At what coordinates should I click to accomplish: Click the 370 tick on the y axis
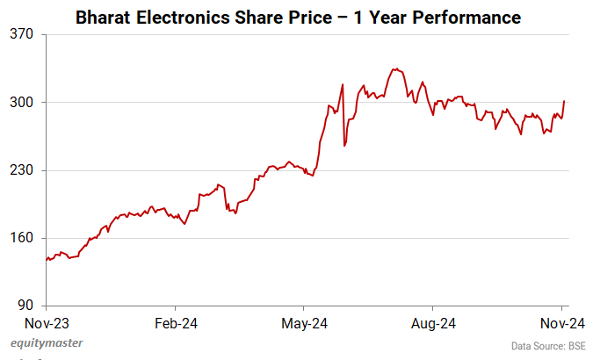pyautogui.click(x=22, y=34)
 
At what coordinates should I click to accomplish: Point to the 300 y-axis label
pyautogui.click(x=22, y=102)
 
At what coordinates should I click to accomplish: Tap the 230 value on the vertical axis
pyautogui.click(x=22, y=170)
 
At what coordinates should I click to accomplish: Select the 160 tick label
pyautogui.click(x=22, y=238)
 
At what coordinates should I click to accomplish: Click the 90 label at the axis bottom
pyautogui.click(x=25, y=306)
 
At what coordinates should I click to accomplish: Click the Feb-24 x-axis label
pyautogui.click(x=175, y=322)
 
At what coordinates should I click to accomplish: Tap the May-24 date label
pyautogui.click(x=303, y=322)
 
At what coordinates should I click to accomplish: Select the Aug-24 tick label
pyautogui.click(x=433, y=322)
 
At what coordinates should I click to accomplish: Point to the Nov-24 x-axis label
pyautogui.click(x=562, y=322)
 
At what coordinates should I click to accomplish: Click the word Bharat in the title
pyautogui.click(x=105, y=17)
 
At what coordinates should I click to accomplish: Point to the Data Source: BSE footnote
pyautogui.click(x=548, y=346)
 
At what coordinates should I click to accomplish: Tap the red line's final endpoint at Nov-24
pyautogui.click(x=563, y=101)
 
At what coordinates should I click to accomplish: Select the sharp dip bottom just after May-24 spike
pyautogui.click(x=344, y=145)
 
